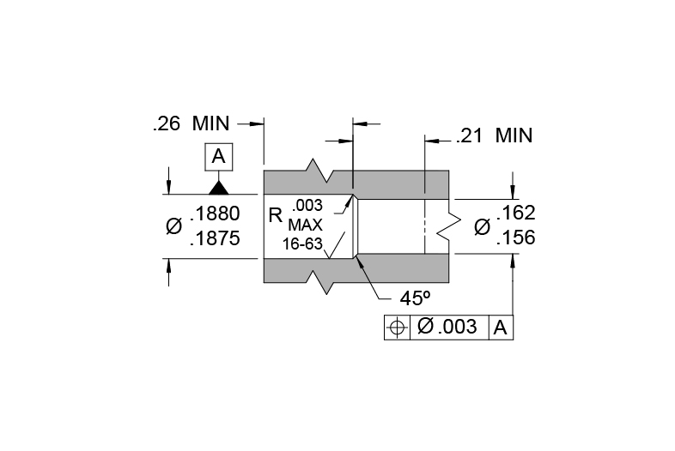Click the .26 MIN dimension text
click(192, 123)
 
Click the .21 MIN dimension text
click(494, 135)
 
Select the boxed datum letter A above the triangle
click(219, 157)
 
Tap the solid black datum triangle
click(219, 188)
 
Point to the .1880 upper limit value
click(215, 213)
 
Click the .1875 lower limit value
click(215, 238)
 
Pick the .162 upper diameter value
click(516, 213)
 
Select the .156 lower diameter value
click(516, 238)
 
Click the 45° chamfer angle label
click(415, 298)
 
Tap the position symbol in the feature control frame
click(397, 328)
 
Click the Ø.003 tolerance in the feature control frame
click(447, 327)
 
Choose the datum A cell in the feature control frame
click(501, 328)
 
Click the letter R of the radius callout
click(275, 216)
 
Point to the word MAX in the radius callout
click(305, 225)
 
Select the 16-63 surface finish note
click(302, 244)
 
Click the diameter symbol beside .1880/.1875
click(174, 226)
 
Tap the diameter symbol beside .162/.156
click(482, 226)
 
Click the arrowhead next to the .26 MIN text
click(257, 123)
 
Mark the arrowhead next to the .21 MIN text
click(432, 141)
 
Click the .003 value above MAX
click(307, 206)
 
